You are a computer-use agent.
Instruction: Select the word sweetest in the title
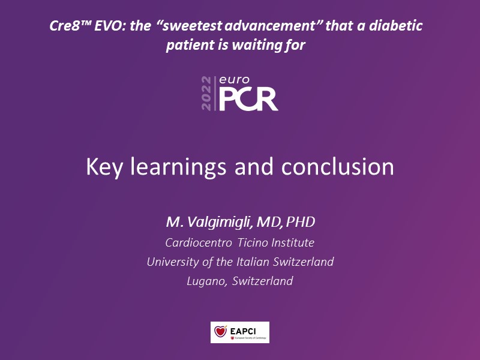(191, 26)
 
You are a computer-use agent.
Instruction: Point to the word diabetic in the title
(395, 26)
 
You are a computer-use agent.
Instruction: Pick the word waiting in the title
(257, 45)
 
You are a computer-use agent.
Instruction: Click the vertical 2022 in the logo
(206, 94)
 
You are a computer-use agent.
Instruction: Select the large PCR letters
(248, 99)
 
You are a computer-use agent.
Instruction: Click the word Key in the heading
(104, 167)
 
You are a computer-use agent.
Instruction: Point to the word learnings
(178, 167)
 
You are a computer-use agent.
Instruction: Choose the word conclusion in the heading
(337, 167)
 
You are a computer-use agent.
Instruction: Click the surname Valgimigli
(220, 222)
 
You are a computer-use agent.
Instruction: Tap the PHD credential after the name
(301, 222)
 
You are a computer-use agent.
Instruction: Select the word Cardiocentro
(199, 242)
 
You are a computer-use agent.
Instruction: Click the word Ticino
(253, 242)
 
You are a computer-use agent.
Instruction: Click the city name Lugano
(206, 281)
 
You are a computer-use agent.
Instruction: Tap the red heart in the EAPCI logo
(220, 332)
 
